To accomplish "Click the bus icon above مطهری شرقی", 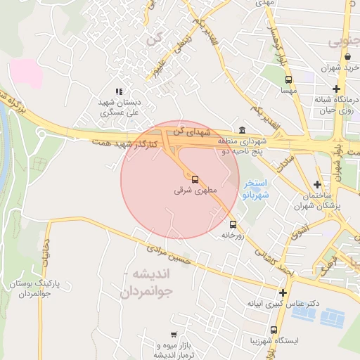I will tap(195, 179).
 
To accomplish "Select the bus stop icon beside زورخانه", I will tap(233, 225).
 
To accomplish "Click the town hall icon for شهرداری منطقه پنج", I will tap(242, 130).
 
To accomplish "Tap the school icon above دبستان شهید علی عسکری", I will tap(119, 91).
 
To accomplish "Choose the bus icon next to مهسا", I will tap(288, 79).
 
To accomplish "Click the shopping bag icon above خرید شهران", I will tap(348, 57).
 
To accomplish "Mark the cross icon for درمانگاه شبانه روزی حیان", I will tap(336, 89).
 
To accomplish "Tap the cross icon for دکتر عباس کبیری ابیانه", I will tap(283, 292).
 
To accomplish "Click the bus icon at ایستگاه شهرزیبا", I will tap(274, 330).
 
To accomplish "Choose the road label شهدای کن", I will tap(194, 130).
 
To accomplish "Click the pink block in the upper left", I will tap(26, 73).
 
